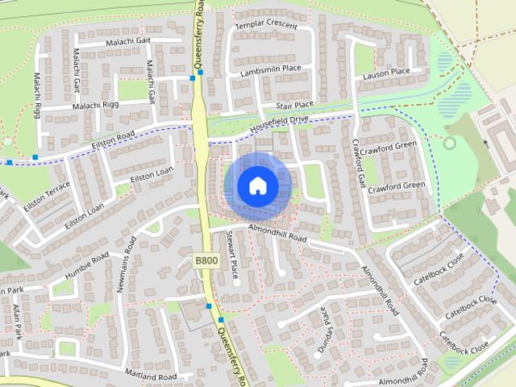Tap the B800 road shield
[206, 260]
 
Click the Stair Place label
[294, 105]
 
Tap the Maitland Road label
[151, 376]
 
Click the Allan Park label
[15, 319]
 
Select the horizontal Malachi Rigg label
[96, 106]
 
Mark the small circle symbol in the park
[449, 144]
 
